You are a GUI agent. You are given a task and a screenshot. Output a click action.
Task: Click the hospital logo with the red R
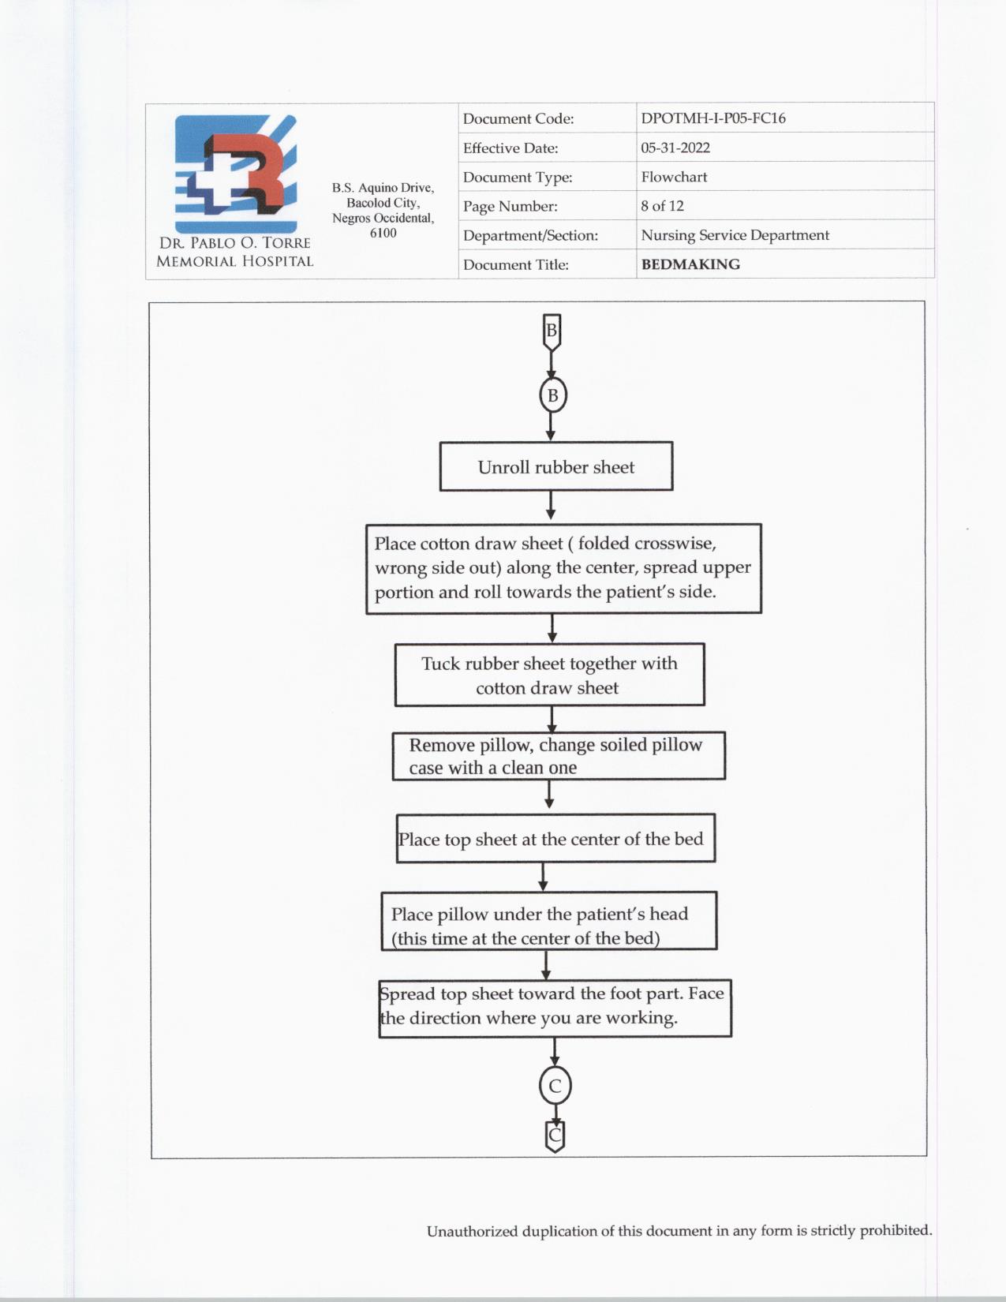point(236,174)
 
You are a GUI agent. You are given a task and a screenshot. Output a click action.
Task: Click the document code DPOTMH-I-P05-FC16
point(712,118)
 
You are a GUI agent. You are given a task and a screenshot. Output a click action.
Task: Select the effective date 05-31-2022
point(675,148)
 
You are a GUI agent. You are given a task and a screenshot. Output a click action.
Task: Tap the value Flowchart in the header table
point(674,177)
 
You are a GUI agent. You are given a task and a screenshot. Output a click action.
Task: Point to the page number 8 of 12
point(662,206)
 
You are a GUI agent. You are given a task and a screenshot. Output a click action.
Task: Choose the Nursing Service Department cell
point(735,235)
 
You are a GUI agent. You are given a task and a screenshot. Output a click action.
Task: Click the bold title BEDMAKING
point(690,264)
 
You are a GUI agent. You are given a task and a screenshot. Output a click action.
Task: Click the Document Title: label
point(515,264)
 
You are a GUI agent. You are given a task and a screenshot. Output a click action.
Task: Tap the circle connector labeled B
point(552,395)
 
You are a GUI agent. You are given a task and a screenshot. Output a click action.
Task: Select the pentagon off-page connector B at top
point(552,331)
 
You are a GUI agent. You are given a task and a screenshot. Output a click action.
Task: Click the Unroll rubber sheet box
point(555,466)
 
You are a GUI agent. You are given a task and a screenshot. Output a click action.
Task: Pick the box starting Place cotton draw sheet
point(563,568)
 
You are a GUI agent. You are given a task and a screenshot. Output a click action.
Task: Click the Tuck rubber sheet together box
point(549,675)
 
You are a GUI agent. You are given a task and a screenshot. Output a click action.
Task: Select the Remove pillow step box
point(558,756)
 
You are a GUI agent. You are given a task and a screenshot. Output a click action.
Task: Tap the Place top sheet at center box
point(555,839)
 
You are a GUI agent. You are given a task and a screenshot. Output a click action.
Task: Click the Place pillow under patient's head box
point(548,922)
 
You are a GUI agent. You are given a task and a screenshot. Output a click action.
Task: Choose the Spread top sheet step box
point(555,1008)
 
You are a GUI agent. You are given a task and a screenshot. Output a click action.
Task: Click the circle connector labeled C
point(555,1086)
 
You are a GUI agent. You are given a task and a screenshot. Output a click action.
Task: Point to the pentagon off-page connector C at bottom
point(555,1136)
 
